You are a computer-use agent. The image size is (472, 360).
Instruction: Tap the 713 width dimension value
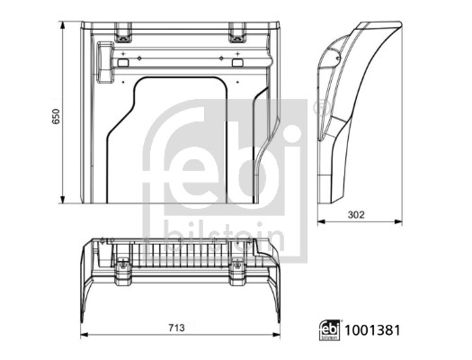click(176, 328)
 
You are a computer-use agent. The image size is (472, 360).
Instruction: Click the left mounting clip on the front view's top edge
click(121, 33)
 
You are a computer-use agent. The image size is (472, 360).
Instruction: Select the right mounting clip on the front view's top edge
click(237, 33)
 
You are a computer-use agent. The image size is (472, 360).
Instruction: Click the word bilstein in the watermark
click(224, 236)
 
